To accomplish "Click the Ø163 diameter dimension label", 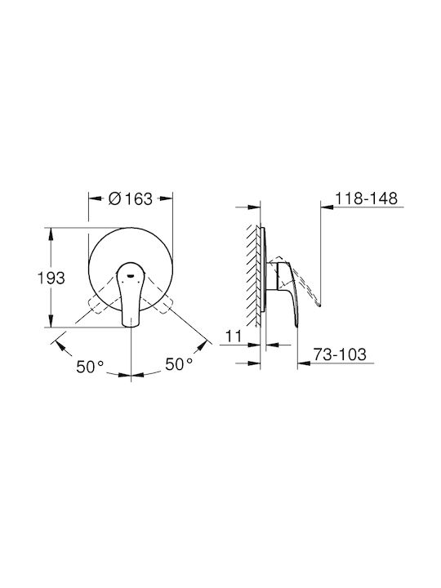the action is point(131,198).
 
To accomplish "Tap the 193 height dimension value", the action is point(51,278).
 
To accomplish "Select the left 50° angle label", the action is point(90,367).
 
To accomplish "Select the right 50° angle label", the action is point(179,363).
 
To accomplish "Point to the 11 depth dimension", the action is point(234,336).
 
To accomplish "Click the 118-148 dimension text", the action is point(366,198).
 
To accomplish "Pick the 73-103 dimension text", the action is point(340,354).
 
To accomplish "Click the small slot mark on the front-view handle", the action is point(131,275).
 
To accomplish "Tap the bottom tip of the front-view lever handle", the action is point(131,327).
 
